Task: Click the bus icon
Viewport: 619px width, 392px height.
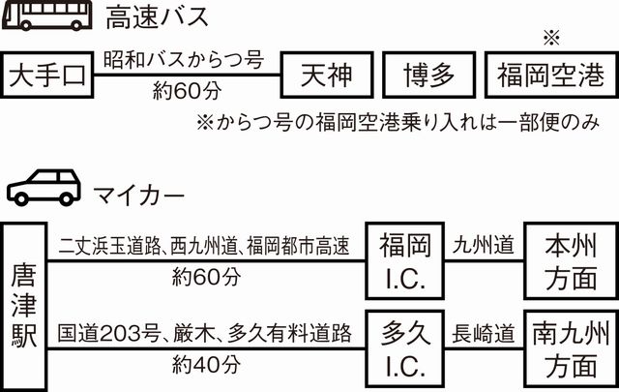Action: point(43,18)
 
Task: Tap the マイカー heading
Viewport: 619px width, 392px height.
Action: point(139,193)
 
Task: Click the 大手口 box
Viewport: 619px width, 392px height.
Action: point(49,75)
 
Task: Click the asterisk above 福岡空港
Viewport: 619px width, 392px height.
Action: point(552,37)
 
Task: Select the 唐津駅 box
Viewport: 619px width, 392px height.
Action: point(23,305)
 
